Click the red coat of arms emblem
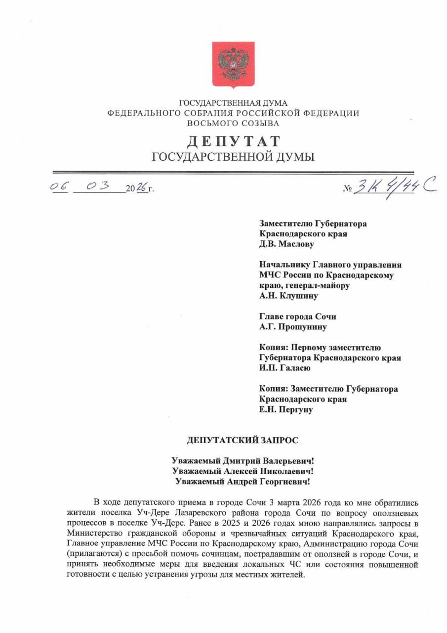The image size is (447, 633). coord(233,65)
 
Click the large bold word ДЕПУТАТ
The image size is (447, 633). coord(233,141)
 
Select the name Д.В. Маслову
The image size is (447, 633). coord(286,244)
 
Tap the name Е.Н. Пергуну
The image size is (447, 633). coord(286,409)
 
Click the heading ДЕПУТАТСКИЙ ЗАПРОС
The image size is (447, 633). coord(243,441)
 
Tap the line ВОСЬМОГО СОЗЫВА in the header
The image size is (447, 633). coord(233,123)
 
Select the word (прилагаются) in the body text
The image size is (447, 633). coord(90,554)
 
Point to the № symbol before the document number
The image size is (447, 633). coord(347,189)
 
